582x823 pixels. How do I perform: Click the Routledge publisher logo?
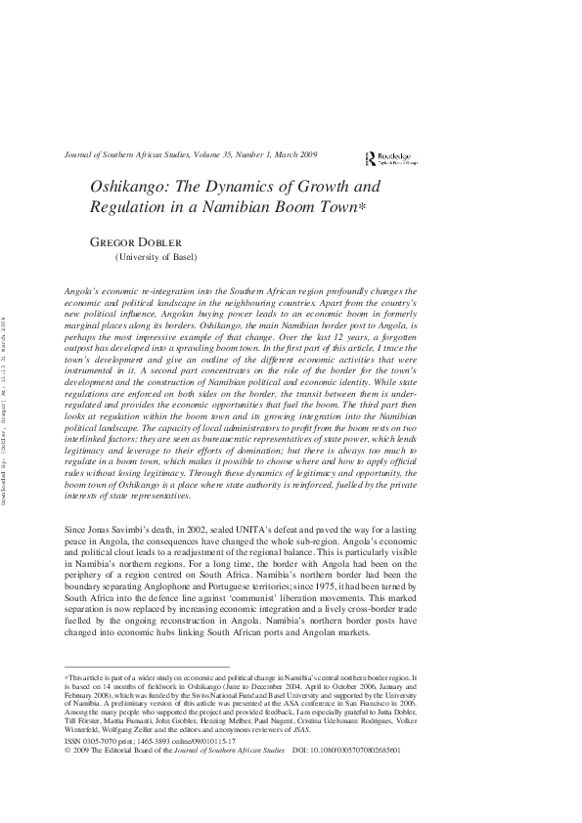387,156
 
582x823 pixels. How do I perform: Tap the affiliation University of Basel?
157,257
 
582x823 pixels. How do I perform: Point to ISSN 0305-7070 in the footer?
94,743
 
